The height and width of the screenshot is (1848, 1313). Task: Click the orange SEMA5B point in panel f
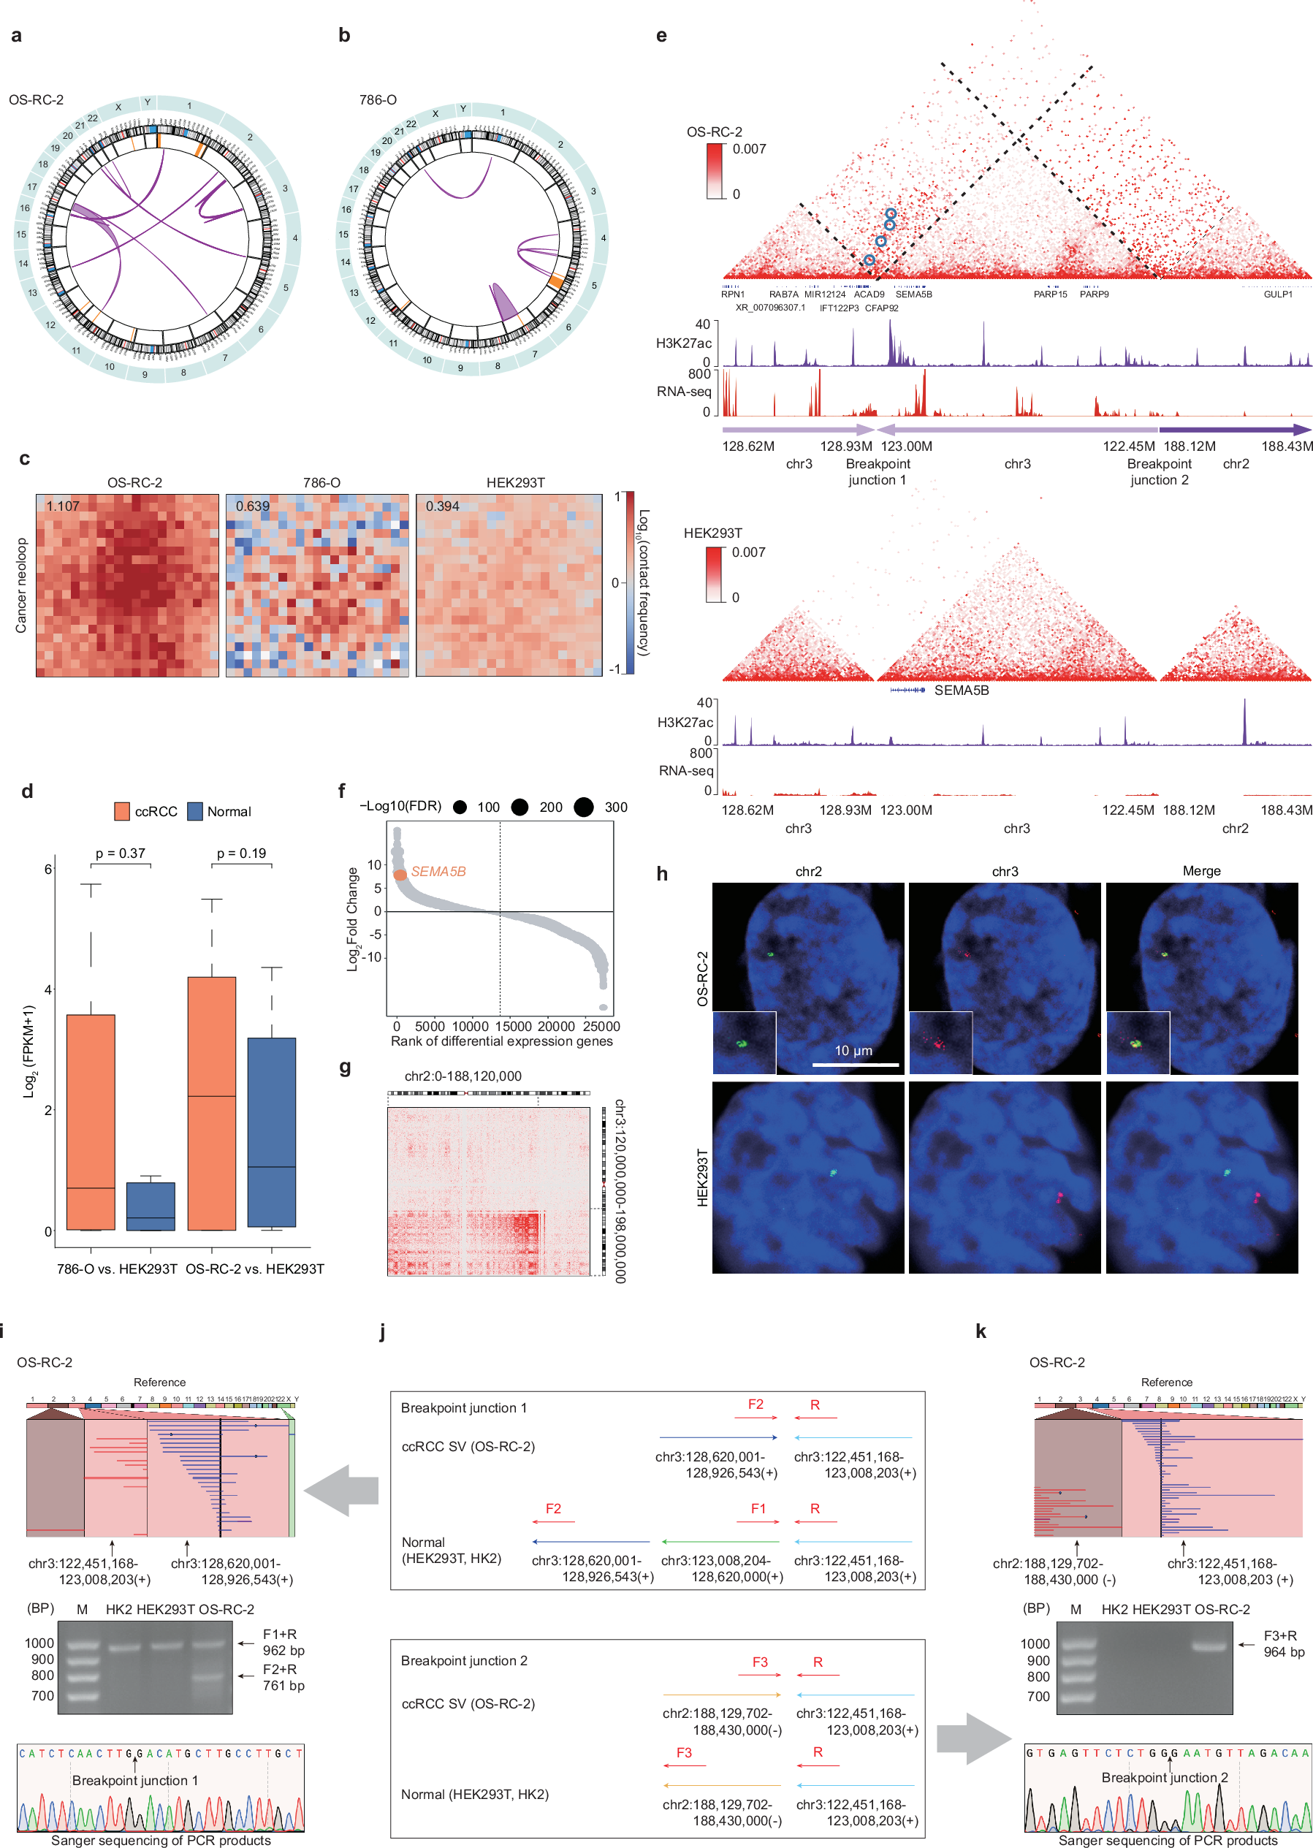point(400,875)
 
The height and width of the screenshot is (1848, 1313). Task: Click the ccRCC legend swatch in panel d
point(122,811)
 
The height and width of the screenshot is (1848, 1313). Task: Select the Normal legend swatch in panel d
point(195,811)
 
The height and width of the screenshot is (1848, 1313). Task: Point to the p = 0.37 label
point(121,853)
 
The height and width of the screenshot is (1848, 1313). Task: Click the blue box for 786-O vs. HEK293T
point(151,1206)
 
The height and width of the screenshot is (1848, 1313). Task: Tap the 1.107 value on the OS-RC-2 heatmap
point(62,506)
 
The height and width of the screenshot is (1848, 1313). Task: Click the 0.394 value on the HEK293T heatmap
point(442,506)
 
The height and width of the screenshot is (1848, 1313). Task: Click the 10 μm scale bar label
point(853,1050)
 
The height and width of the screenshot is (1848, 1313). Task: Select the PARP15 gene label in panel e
point(1050,294)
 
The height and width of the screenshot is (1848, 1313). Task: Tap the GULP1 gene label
point(1277,294)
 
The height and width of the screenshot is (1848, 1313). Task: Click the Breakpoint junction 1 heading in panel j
point(463,1407)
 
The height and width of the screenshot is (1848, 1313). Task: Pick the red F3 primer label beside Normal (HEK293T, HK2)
point(684,1752)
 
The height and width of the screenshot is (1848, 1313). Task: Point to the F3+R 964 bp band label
point(1284,1643)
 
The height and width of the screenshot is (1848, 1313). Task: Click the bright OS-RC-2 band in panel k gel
point(1209,1644)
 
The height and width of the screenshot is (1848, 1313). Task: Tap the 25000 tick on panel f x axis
point(601,1026)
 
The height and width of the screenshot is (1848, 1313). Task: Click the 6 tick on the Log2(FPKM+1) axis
point(48,869)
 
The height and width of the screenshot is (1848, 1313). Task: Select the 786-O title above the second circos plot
point(378,100)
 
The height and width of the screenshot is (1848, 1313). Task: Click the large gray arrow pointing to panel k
point(973,1739)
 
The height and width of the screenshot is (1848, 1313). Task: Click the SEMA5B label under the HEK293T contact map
point(962,691)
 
